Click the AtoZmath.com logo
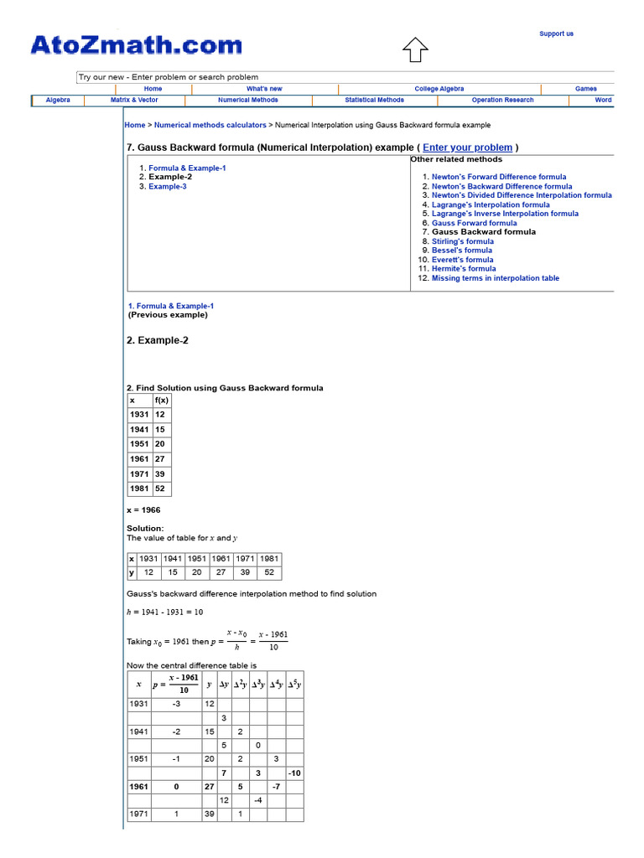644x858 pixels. pos(136,45)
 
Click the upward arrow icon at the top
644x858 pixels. pos(415,50)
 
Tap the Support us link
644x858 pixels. pos(556,34)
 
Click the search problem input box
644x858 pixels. pos(345,77)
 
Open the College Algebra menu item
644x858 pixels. pos(439,89)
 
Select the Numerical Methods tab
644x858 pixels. pos(248,100)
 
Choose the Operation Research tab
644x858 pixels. pos(502,100)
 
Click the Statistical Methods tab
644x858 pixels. pos(374,100)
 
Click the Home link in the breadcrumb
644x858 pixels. pos(134,125)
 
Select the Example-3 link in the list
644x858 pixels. pos(168,187)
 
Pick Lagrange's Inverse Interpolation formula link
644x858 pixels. pos(505,214)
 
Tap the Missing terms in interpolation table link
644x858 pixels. pos(495,278)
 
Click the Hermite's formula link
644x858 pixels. pos(464,269)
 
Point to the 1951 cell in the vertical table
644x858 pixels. pos(139,444)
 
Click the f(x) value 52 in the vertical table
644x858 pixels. pos(160,489)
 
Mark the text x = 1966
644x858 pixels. pos(143,509)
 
